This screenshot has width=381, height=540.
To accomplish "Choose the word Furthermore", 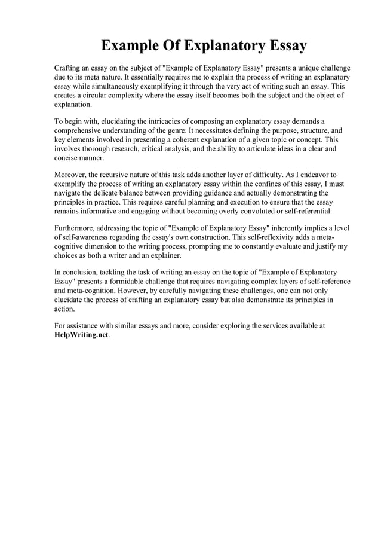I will coord(76,228).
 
